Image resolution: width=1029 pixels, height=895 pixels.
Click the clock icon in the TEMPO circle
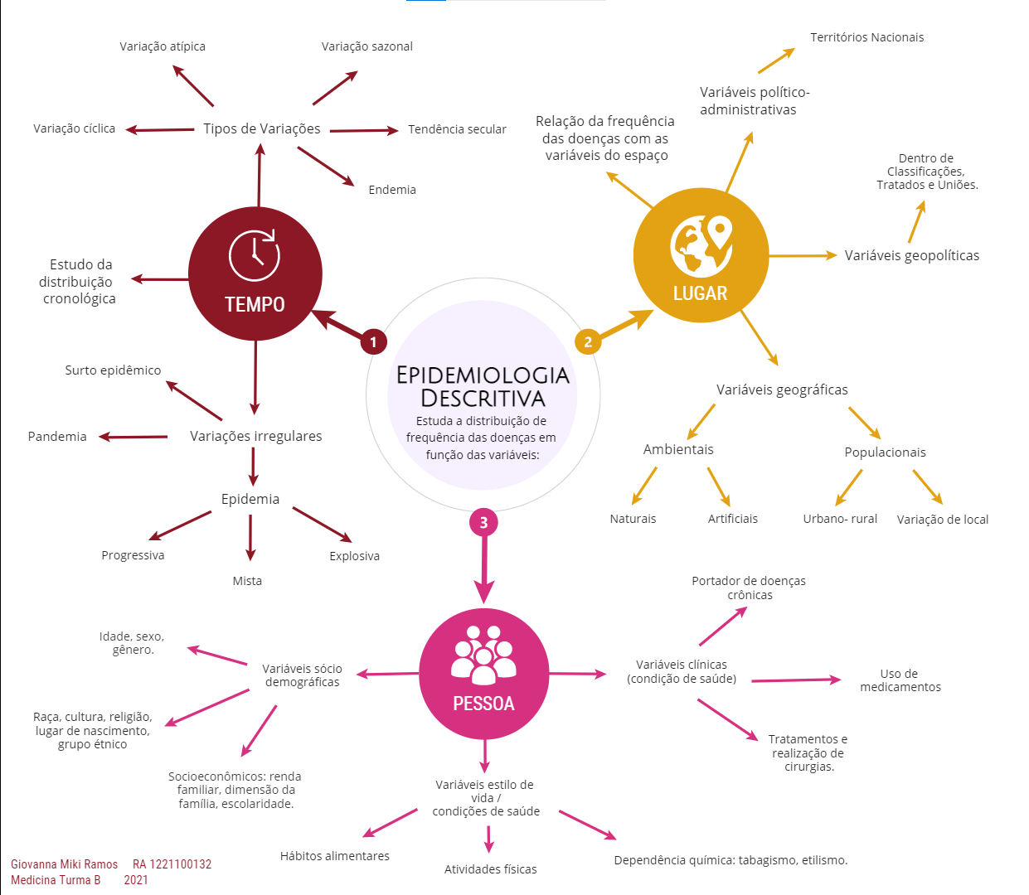click(x=254, y=254)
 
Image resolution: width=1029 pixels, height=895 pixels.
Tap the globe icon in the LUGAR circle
click(x=701, y=246)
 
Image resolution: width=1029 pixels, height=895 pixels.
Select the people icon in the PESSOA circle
click(x=483, y=655)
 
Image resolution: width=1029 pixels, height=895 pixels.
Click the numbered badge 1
click(x=373, y=341)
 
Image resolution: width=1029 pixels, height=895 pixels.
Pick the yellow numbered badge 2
click(x=587, y=341)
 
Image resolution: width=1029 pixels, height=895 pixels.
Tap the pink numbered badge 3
click(x=483, y=523)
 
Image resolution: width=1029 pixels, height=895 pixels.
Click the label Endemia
click(x=392, y=190)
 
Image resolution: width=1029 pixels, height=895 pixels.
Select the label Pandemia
click(x=57, y=436)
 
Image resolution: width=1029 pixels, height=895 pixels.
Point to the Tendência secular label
click(x=457, y=129)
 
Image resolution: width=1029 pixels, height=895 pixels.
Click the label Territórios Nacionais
click(x=867, y=37)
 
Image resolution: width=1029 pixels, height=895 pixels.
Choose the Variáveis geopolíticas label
click(x=912, y=255)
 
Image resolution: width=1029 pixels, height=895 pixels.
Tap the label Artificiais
click(x=733, y=519)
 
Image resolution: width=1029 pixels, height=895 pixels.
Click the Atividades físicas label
click(x=490, y=869)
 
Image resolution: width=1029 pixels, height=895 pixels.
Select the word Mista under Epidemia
click(x=247, y=581)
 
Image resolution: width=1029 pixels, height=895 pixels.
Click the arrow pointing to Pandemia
click(x=133, y=437)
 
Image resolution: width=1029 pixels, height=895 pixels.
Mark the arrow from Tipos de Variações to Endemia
click(x=326, y=167)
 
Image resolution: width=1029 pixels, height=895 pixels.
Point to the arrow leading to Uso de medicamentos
click(x=796, y=680)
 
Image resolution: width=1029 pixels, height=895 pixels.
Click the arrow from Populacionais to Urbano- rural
click(x=848, y=487)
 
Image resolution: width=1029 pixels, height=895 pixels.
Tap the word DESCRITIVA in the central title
click(x=483, y=399)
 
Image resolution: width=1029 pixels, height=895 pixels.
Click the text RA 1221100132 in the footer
click(x=172, y=864)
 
